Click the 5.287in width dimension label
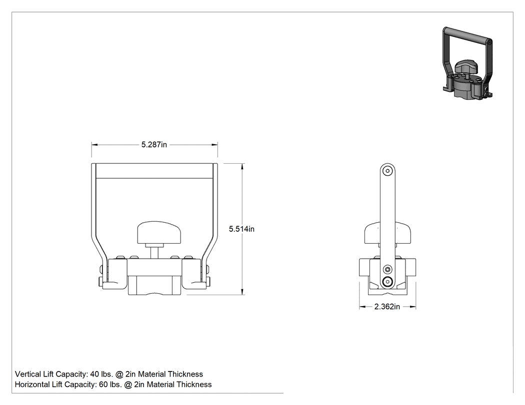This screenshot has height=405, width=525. (x=154, y=145)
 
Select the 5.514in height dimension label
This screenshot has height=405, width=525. (x=241, y=229)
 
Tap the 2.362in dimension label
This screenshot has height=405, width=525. (x=387, y=307)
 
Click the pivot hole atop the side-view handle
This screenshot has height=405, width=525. (x=387, y=171)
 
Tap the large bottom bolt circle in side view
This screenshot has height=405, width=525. (x=387, y=282)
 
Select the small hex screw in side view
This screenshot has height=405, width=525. (x=387, y=269)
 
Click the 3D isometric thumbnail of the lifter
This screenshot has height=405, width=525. (x=467, y=63)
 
